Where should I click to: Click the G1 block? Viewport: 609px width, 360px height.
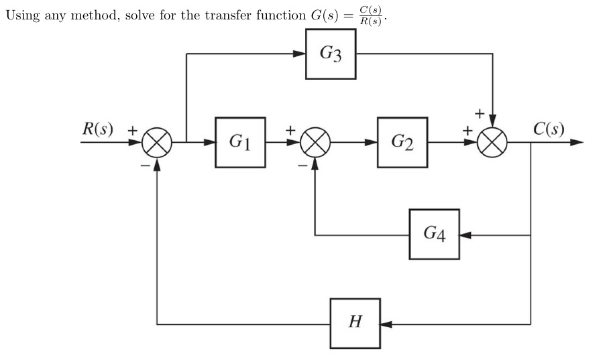pyautogui.click(x=240, y=142)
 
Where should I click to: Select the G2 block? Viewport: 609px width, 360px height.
pyautogui.click(x=402, y=142)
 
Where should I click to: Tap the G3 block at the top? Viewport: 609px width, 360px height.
pyautogui.click(x=330, y=54)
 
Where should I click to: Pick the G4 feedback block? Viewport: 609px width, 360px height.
pyautogui.click(x=434, y=235)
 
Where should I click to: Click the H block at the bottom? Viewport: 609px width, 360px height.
pyautogui.click(x=355, y=323)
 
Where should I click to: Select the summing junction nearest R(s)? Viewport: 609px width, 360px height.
pyautogui.click(x=158, y=143)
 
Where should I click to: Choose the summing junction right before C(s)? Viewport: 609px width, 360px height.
pyautogui.click(x=493, y=143)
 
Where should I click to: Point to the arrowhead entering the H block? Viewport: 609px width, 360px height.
pyautogui.click(x=386, y=324)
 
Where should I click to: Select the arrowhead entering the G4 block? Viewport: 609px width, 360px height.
pyautogui.click(x=465, y=235)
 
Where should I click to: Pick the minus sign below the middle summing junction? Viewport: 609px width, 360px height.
pyautogui.click(x=302, y=163)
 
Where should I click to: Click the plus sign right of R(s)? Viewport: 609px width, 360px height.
pyautogui.click(x=132, y=131)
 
